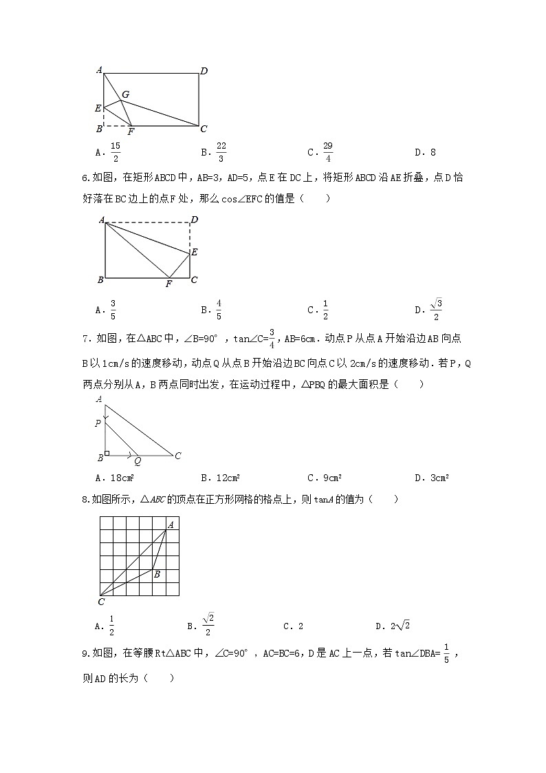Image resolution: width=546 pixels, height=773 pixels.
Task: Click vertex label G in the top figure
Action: pos(125,94)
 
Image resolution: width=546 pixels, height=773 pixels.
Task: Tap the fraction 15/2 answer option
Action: pos(115,152)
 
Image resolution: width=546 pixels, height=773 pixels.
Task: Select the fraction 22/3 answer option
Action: pos(221,152)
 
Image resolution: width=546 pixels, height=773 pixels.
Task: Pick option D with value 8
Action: pos(431,153)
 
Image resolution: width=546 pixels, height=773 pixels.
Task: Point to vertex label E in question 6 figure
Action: pos(195,253)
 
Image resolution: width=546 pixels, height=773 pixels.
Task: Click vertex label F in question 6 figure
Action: pos(168,284)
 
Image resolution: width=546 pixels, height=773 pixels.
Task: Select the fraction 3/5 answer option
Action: pos(113,310)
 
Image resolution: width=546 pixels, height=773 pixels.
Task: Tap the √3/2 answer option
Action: pos(436,309)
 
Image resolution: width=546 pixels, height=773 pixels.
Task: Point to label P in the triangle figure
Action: pos(98,424)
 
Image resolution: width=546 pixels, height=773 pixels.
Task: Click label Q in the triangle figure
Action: pos(137,461)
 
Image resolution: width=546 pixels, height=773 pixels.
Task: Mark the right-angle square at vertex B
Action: pos(107,453)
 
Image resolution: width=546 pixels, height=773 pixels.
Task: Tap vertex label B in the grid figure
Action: pos(157,574)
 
